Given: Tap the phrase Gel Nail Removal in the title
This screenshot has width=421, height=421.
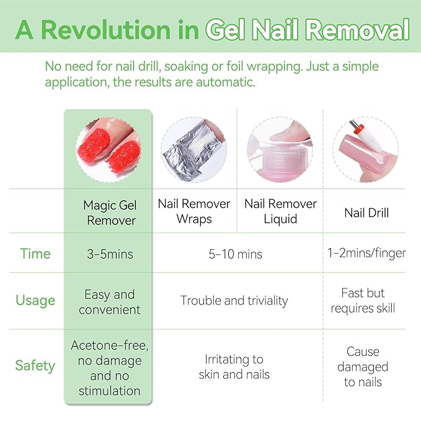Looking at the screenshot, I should tap(308, 29).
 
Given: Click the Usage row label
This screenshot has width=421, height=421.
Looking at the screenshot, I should tap(35, 301).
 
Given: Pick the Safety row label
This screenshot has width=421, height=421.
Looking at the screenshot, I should tap(35, 365).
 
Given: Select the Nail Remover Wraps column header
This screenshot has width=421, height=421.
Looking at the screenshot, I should tap(194, 211).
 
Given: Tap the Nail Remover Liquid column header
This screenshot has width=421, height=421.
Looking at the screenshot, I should tap(280, 211).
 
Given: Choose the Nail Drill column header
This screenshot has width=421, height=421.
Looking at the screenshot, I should tap(366, 213).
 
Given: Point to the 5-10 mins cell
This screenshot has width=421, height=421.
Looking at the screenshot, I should tap(236, 254).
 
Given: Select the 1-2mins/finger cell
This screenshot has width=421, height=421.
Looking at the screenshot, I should tap(366, 253).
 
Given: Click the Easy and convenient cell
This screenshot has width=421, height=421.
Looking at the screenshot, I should tap(109, 301).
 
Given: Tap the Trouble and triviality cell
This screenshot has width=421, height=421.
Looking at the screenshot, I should tap(234, 301).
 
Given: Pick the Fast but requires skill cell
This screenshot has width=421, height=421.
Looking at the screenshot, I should tap(363, 300).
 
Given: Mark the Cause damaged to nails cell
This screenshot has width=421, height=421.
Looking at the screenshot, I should tap(363, 366).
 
